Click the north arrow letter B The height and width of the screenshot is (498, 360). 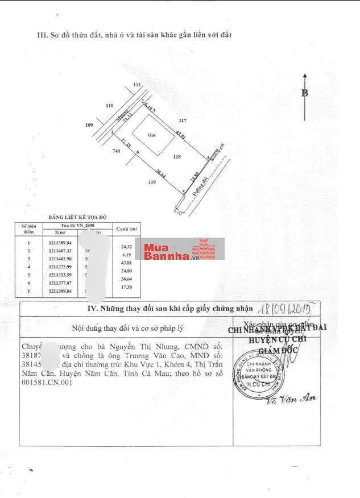[x=305, y=93]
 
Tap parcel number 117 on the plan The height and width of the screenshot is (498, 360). [x=183, y=121]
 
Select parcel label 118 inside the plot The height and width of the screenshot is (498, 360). [x=177, y=156]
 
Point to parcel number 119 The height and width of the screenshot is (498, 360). [x=152, y=182]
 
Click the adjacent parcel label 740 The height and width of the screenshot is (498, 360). [x=117, y=151]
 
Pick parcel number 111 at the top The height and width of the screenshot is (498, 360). [x=136, y=85]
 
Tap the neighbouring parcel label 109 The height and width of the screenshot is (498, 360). [x=89, y=125]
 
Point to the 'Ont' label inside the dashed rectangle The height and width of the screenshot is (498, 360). [x=152, y=135]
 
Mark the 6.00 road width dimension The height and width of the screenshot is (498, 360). [x=177, y=212]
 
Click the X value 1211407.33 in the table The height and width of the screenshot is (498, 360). [x=59, y=251]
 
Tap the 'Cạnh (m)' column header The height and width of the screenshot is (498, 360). [x=126, y=229]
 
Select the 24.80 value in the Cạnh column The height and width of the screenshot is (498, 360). [x=126, y=271]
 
